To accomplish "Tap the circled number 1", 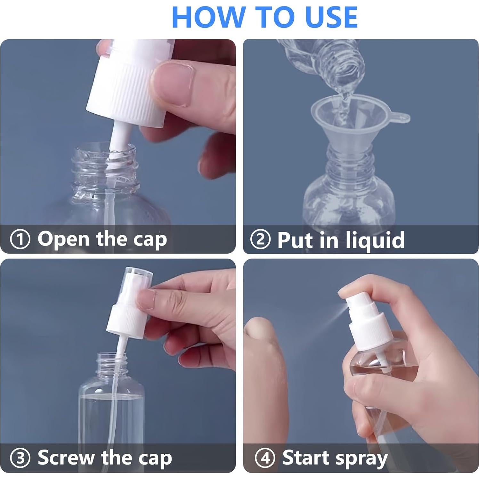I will coord(20,239).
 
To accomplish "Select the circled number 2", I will coord(260,239).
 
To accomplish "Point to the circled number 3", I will coord(20,458).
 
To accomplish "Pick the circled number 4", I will coord(265,458).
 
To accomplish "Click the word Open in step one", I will coord(63,239).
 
